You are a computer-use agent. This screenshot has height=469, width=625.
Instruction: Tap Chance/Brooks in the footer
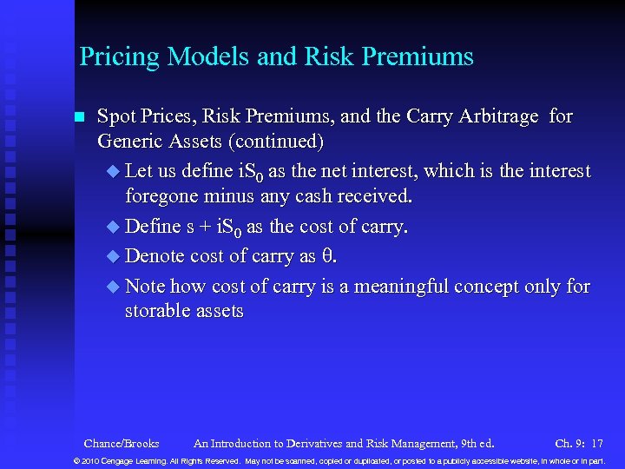122,443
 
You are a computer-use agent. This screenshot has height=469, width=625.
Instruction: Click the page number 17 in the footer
596,443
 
